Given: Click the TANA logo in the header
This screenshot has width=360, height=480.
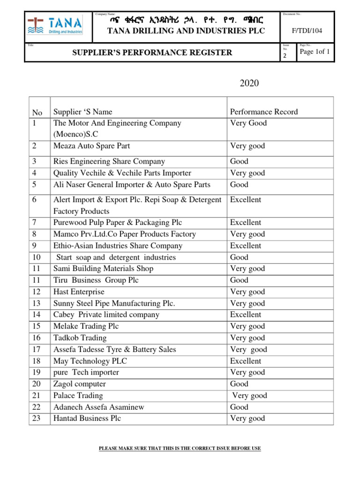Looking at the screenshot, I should [x=55, y=25].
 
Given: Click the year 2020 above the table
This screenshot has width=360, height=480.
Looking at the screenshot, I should [x=249, y=84].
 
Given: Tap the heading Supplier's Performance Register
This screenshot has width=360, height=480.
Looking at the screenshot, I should [x=151, y=52].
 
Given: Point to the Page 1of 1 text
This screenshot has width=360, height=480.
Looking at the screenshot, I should [x=315, y=52].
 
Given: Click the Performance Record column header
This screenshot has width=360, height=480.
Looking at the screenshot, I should [x=264, y=112].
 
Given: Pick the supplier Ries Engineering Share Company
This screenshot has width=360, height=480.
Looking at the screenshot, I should [x=109, y=161].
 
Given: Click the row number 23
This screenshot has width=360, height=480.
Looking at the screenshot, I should [x=36, y=419].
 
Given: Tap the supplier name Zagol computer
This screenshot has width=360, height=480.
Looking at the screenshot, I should [x=80, y=384].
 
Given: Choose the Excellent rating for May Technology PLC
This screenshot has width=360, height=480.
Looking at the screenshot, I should [x=246, y=361].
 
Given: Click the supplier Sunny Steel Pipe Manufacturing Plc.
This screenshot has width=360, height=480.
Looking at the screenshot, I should [x=114, y=303].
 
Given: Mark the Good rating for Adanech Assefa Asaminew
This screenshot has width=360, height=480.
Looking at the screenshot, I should [x=240, y=407].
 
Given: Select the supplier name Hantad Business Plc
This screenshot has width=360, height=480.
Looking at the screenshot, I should [x=87, y=419].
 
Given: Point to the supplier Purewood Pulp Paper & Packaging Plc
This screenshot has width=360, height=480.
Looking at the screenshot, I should [x=118, y=223].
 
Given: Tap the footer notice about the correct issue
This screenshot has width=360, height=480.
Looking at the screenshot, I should [x=180, y=449].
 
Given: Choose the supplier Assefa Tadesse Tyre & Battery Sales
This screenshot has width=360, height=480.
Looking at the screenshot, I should [x=115, y=349].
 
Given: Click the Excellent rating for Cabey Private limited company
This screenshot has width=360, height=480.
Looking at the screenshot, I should [x=246, y=315].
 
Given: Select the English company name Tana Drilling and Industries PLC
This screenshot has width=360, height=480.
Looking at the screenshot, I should [x=180, y=31].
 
